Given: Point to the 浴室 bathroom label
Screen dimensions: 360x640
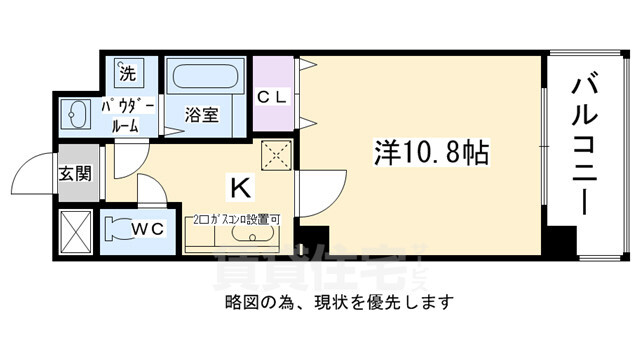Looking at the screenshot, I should click(x=201, y=115).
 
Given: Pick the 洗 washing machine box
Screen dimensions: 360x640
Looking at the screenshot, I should click(x=127, y=72).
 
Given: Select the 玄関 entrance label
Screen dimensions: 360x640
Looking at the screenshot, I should click(x=75, y=173).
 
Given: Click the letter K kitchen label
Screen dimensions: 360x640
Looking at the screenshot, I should click(x=240, y=186).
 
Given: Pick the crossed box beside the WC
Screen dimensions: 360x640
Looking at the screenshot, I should click(x=76, y=229).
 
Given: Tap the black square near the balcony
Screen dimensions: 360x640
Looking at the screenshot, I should click(x=562, y=240).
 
